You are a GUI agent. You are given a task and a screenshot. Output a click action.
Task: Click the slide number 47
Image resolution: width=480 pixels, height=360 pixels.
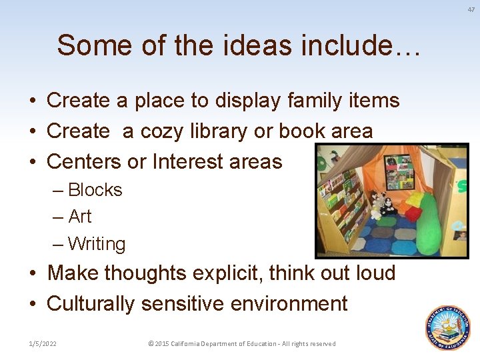point(471,9)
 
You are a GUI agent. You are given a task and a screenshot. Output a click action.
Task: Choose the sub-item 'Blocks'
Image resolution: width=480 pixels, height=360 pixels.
point(95,190)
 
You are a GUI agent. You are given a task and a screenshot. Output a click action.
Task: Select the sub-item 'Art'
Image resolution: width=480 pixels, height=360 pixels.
point(79,217)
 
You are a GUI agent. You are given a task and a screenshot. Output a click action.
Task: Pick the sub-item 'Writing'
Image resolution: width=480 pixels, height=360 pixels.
point(96,244)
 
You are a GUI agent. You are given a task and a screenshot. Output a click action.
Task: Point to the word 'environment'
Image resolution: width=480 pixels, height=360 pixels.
point(289,304)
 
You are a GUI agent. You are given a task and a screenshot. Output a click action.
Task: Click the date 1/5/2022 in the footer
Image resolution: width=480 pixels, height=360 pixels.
point(43,344)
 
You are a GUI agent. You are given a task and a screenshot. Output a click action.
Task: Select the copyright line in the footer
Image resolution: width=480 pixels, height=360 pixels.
point(242,344)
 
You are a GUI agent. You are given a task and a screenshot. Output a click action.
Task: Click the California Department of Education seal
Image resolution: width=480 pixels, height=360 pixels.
point(449,328)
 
